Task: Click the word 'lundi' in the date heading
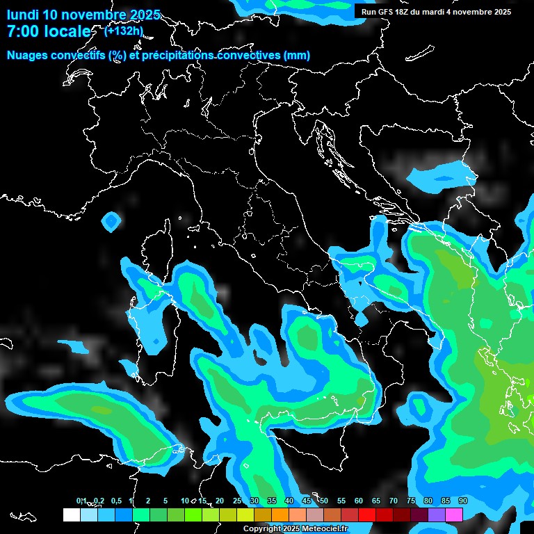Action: click(x=22, y=15)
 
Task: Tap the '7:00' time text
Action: click(x=24, y=32)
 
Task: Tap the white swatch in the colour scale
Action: click(x=71, y=515)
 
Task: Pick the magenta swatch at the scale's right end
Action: click(x=454, y=515)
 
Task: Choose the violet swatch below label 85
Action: click(x=437, y=515)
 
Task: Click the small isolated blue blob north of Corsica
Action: click(x=111, y=222)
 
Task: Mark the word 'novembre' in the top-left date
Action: click(x=94, y=15)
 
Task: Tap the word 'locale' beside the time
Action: click(x=67, y=32)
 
